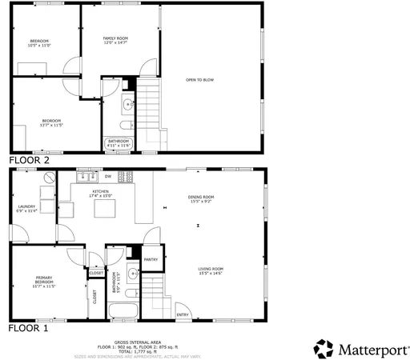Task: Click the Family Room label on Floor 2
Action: [x=116, y=41]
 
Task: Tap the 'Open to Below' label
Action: [x=200, y=80]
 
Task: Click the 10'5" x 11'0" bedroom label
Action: [x=39, y=43]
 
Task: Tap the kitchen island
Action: [x=104, y=209]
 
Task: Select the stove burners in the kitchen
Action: [x=125, y=177]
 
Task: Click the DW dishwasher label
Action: [x=107, y=176]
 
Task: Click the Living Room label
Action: [x=211, y=271]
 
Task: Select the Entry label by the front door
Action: [x=183, y=315]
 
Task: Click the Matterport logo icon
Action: [x=324, y=349]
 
